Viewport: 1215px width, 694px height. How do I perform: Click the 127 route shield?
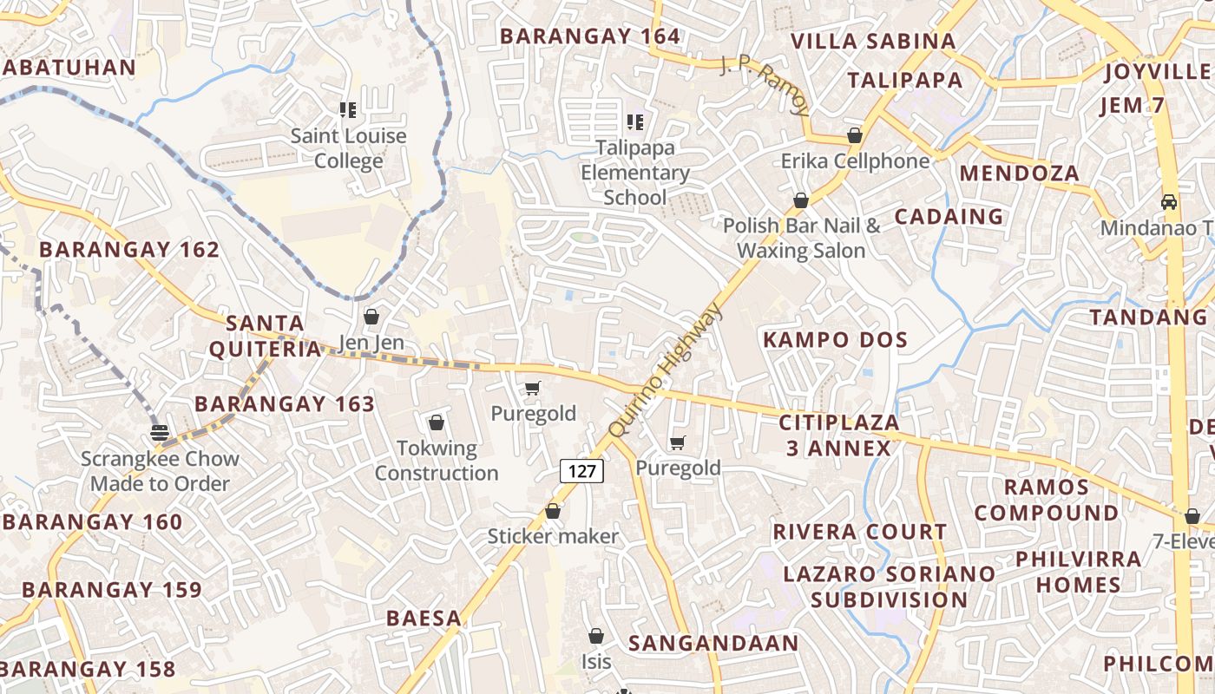pos(581,471)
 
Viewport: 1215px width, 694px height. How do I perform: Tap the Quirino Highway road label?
pos(666,371)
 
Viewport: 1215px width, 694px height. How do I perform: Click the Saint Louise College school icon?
pos(348,110)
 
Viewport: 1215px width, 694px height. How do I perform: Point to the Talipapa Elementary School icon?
pos(635,122)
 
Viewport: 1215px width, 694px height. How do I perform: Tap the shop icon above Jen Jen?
pos(371,317)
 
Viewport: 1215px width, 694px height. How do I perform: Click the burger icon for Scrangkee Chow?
pos(159,433)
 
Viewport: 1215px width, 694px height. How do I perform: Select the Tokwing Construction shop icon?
pos(437,422)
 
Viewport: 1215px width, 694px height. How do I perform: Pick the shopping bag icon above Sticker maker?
pos(553,511)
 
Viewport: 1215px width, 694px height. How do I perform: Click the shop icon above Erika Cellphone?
pos(855,135)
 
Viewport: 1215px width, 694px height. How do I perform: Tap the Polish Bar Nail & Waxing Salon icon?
pos(801,200)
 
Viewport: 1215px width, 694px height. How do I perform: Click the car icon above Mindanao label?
pos(1169,201)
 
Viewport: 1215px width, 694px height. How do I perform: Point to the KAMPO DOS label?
pos(835,339)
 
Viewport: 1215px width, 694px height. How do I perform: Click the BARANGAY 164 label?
pos(590,36)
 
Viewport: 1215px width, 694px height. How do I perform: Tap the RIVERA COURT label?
pos(859,531)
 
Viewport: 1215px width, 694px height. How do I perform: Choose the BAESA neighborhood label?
pos(424,619)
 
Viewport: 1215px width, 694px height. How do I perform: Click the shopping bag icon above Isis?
pos(595,636)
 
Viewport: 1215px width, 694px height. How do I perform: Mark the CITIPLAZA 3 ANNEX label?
pos(839,435)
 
